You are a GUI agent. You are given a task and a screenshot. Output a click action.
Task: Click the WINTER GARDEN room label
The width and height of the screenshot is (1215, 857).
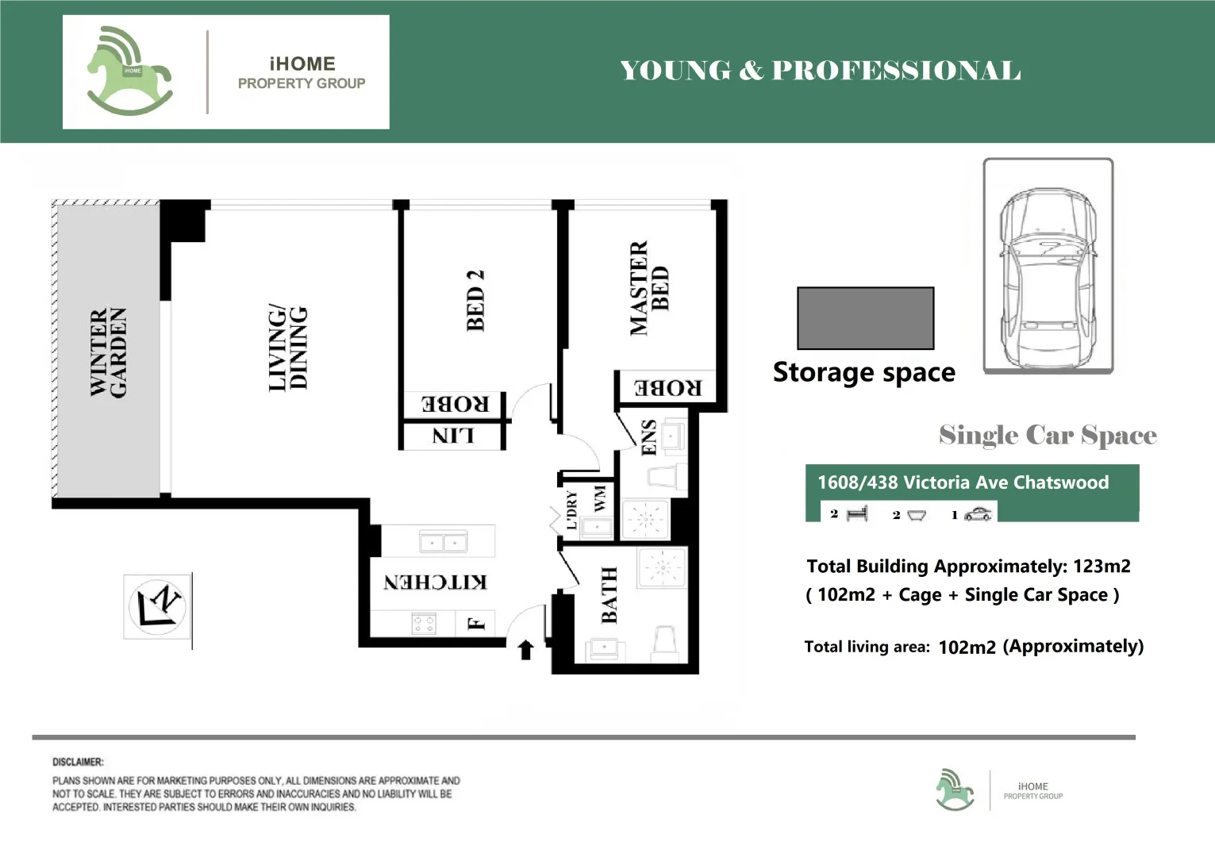pos(108,352)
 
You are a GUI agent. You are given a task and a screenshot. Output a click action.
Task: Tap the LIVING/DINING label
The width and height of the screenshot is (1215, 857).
pos(287,348)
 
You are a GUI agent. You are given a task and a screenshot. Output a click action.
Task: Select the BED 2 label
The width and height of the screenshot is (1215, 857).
pos(475,300)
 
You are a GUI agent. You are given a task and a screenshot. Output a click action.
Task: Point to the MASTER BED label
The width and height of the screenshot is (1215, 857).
pos(649,288)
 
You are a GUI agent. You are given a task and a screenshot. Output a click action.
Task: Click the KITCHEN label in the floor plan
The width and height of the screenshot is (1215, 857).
pos(435,582)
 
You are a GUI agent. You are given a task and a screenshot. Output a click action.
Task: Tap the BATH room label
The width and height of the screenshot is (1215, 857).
pos(609,595)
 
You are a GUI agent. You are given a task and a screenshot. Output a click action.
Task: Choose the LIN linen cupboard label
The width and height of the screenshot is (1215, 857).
pos(452,436)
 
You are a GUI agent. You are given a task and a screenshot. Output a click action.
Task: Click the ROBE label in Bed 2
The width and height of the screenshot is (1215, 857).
pos(455,404)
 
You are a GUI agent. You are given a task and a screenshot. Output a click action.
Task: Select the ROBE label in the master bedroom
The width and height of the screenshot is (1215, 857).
pos(667,388)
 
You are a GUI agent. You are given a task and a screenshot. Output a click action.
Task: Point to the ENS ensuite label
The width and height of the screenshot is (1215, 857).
pos(648,438)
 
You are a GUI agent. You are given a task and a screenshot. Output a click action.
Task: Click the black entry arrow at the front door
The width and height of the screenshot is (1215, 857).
pos(525,650)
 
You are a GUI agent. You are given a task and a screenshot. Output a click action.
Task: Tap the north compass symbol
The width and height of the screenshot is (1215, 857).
pos(157,606)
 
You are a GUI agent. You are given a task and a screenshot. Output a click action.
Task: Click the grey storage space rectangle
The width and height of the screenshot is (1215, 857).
pos(865,318)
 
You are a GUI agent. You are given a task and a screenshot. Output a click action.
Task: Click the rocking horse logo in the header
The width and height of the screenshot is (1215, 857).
pos(129,72)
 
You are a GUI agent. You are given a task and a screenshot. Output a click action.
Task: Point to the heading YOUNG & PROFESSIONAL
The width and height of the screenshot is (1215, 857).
pos(820,71)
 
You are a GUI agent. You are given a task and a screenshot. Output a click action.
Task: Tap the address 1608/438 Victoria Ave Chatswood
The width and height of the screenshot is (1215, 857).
pos(963,482)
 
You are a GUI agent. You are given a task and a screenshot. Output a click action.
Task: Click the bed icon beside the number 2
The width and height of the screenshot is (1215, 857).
pos(857,514)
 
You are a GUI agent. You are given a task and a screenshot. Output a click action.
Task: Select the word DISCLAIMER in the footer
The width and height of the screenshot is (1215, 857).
pos(78,762)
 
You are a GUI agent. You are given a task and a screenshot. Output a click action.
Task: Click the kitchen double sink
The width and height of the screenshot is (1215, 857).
pos(443,543)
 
